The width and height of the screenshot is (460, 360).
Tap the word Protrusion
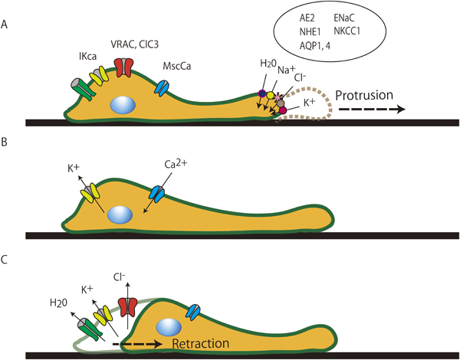pyautogui.click(x=366, y=97)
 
